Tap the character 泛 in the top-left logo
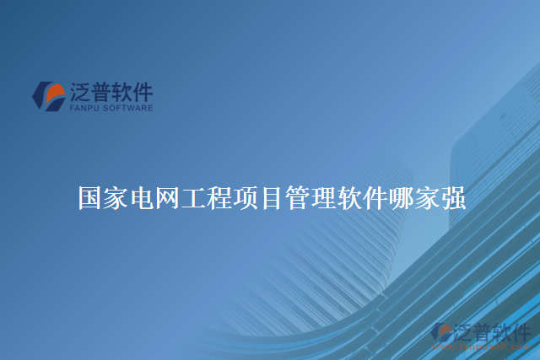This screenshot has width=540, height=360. click(x=81, y=91)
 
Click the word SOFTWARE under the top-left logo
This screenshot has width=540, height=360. click(x=127, y=108)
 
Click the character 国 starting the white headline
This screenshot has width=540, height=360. click(x=91, y=199)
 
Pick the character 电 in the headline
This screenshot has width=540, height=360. click(x=143, y=199)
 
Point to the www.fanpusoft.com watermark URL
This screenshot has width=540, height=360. click(x=489, y=345)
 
